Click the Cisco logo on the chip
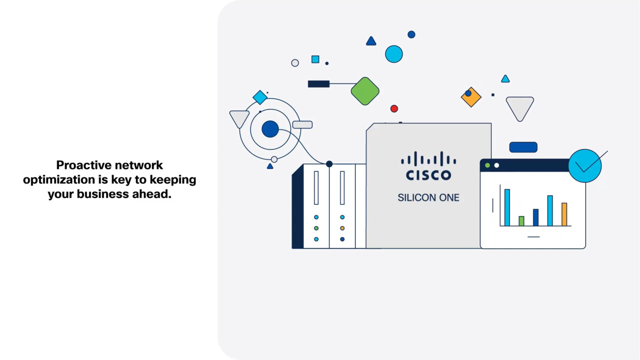point(428,166)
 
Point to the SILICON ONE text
point(428,197)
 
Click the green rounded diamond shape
point(365,91)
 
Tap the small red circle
point(394,108)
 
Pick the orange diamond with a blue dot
point(471,97)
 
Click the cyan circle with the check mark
point(585,165)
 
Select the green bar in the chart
point(521,221)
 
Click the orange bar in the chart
point(564,214)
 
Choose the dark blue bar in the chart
point(535,217)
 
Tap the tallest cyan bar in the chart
point(507,207)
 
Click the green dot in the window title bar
point(487,165)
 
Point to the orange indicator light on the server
point(342,228)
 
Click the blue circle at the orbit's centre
point(270,129)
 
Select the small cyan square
point(315,59)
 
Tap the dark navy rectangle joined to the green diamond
point(318,84)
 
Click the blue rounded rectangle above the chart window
point(523,147)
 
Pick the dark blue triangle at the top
point(371,41)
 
